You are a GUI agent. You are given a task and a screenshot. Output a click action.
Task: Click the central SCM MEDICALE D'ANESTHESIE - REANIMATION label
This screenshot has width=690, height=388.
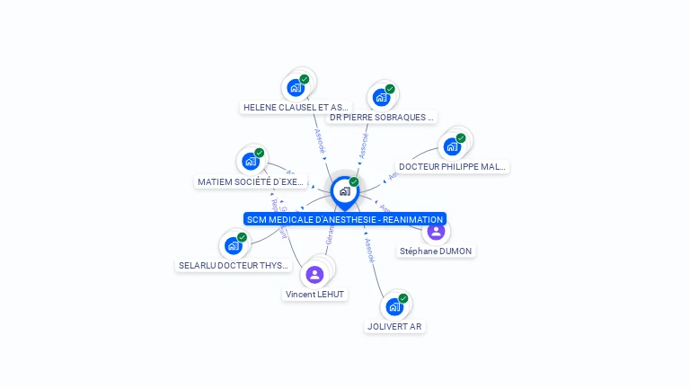345,219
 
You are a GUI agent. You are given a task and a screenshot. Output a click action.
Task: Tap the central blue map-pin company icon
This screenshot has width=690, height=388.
344,190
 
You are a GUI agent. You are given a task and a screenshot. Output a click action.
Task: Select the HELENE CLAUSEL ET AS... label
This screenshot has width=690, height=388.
296,107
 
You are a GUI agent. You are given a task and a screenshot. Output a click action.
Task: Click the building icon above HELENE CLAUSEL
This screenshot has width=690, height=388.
295,88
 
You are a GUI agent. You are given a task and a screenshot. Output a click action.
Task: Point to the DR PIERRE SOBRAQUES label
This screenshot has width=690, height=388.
382,117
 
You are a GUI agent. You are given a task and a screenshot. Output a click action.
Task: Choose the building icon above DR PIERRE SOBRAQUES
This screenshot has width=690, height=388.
381,98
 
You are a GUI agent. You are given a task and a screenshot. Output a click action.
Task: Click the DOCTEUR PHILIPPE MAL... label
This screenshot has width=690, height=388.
453,166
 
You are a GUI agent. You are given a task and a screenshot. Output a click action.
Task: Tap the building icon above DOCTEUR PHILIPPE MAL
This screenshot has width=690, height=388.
452,146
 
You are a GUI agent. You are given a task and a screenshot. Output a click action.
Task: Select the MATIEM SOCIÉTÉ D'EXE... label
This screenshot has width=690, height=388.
251,181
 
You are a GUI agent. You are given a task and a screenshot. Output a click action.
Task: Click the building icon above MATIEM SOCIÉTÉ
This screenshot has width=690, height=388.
251,162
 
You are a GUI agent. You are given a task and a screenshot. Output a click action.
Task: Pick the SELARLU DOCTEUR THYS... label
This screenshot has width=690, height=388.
234,265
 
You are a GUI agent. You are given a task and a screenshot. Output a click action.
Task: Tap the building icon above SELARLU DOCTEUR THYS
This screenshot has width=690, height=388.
234,245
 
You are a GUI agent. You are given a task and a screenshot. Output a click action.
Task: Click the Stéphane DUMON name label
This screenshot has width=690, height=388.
436,251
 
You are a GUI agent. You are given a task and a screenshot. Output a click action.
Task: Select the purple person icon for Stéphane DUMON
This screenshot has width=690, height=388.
436,231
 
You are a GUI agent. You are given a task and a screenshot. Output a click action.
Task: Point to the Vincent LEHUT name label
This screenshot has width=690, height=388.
314,294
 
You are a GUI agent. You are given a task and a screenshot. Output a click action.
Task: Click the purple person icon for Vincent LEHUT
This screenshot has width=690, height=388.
314,274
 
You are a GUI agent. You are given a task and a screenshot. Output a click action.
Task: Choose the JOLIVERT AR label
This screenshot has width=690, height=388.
394,326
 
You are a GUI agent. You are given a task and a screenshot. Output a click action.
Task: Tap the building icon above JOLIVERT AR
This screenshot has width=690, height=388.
394,307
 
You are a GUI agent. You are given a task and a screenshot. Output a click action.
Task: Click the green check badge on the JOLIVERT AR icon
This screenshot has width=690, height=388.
403,298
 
